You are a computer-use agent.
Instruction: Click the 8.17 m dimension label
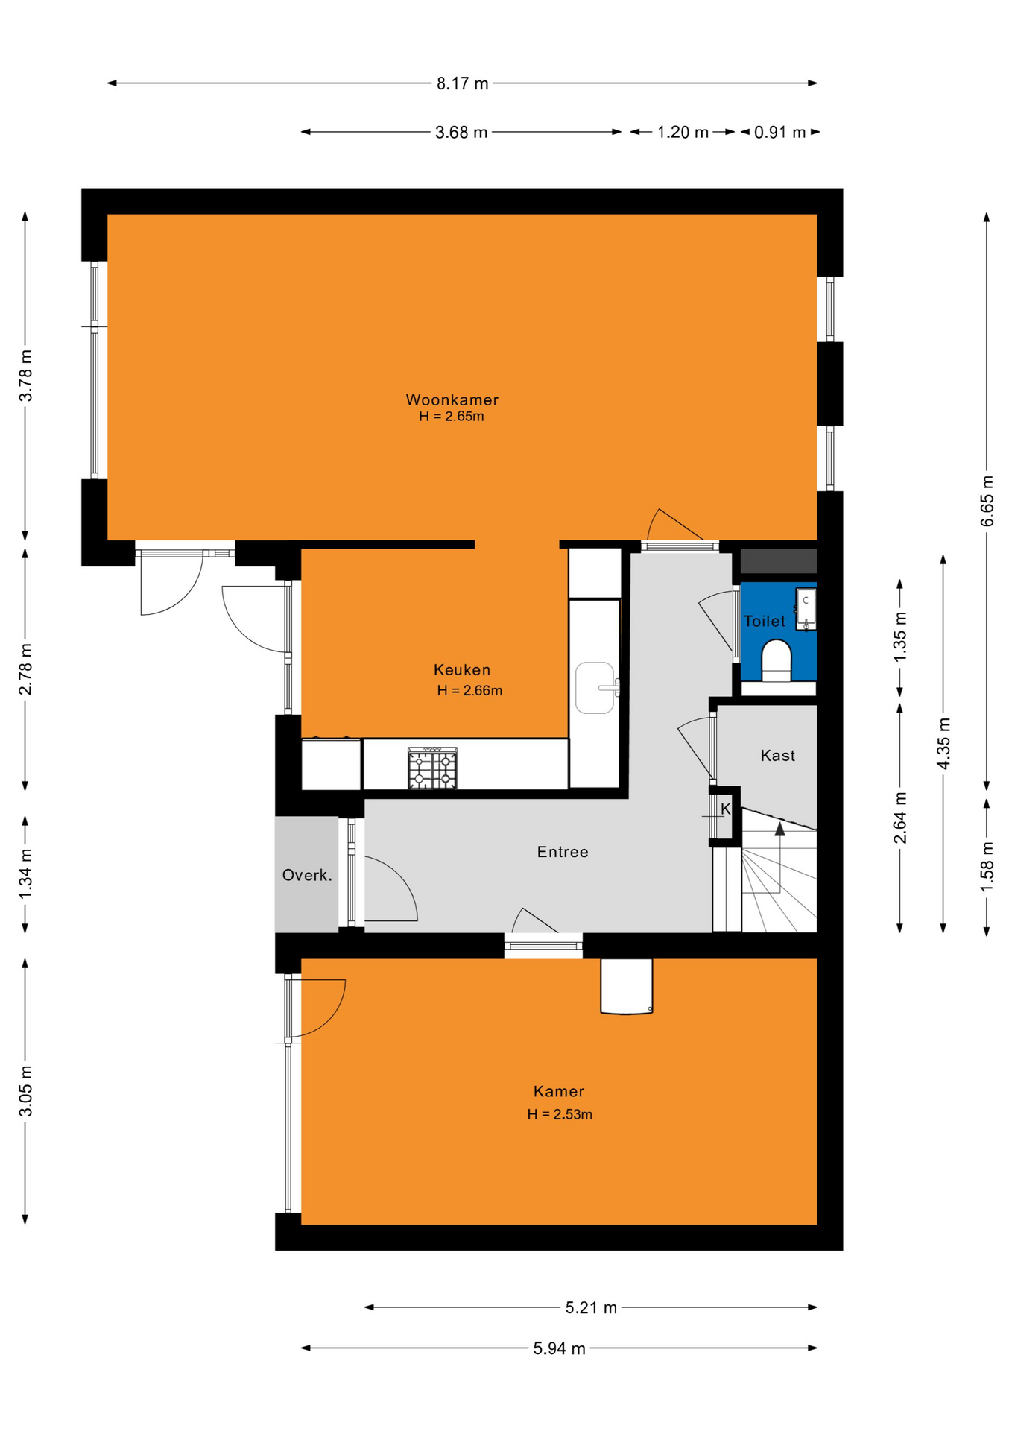pos(462,83)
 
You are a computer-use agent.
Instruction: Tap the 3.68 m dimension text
pos(461,133)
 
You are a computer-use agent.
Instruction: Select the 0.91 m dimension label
pos(779,133)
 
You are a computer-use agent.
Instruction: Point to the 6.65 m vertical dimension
pos(987,501)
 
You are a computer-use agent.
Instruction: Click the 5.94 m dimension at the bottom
pos(559,1348)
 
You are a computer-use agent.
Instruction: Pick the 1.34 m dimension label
pos(25,874)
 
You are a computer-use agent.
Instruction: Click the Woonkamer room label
pos(452,400)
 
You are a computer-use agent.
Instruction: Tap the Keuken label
pos(462,670)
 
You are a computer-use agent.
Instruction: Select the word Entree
pos(563,852)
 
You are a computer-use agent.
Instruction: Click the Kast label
pos(778,756)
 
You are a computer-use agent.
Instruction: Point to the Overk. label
pos(307,875)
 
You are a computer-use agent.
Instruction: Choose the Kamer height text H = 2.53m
pos(560,1114)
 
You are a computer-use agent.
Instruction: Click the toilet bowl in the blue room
pos(776,660)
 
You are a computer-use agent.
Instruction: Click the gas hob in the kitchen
pos(432,768)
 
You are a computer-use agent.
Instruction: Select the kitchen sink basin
pos(595,688)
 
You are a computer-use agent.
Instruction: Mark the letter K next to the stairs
pos(726,809)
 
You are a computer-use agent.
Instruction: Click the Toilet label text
pos(765,621)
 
